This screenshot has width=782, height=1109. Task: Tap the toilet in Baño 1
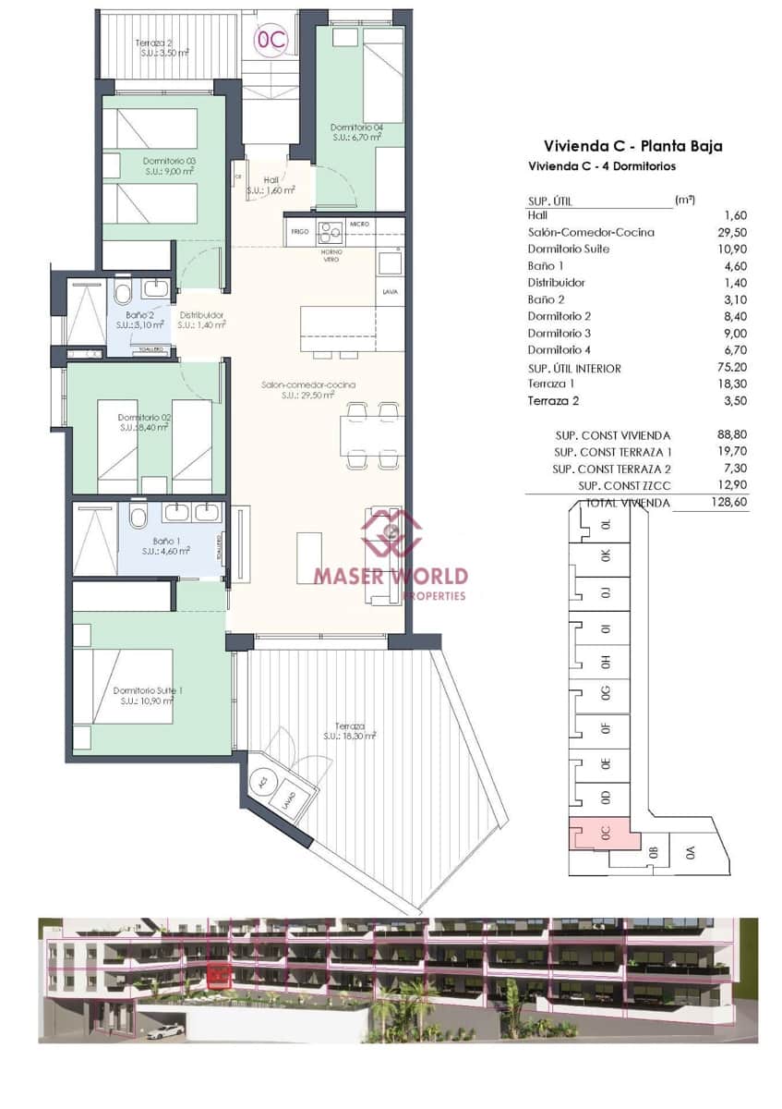point(138,514)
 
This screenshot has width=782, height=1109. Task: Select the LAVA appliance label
point(389,292)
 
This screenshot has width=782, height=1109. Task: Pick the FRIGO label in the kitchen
point(299,231)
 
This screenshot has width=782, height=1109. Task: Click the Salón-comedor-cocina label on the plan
point(308,389)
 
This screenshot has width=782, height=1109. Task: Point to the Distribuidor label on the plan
point(201,320)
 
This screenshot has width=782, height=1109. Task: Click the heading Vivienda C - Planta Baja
point(632,146)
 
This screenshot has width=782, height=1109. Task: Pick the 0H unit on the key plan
point(606,662)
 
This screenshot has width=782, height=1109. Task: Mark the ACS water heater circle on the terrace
point(263,781)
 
